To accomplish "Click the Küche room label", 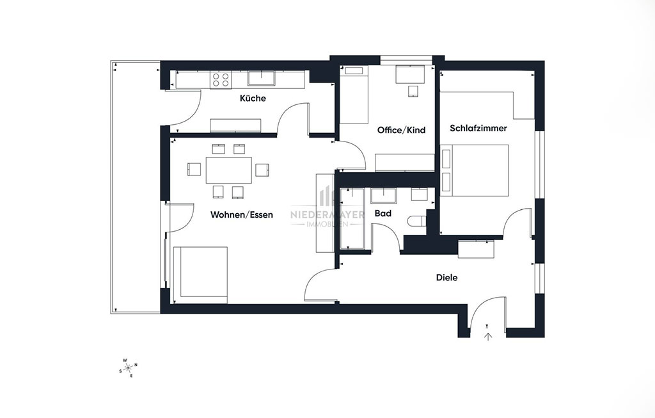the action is (x=253, y=98).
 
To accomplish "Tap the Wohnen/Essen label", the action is (x=241, y=215).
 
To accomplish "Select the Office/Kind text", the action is (x=401, y=130).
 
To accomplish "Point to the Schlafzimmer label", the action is (x=478, y=128).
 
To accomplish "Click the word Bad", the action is (x=383, y=214).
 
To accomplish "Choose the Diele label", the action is (x=446, y=278).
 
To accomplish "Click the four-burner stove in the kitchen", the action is (x=221, y=80).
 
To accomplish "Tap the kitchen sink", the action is (x=261, y=79).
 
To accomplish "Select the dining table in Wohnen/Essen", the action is (x=228, y=170).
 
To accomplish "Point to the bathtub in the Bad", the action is (x=352, y=219).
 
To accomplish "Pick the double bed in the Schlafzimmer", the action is (x=475, y=170).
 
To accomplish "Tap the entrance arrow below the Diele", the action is (x=488, y=335).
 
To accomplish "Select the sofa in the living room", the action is (x=200, y=275).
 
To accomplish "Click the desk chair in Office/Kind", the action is (x=413, y=91).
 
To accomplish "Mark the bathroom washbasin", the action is (x=383, y=196).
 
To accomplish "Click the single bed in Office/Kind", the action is (x=353, y=95).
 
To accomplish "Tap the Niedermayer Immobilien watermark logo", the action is (x=327, y=207).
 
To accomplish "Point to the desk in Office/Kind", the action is (x=410, y=74).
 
